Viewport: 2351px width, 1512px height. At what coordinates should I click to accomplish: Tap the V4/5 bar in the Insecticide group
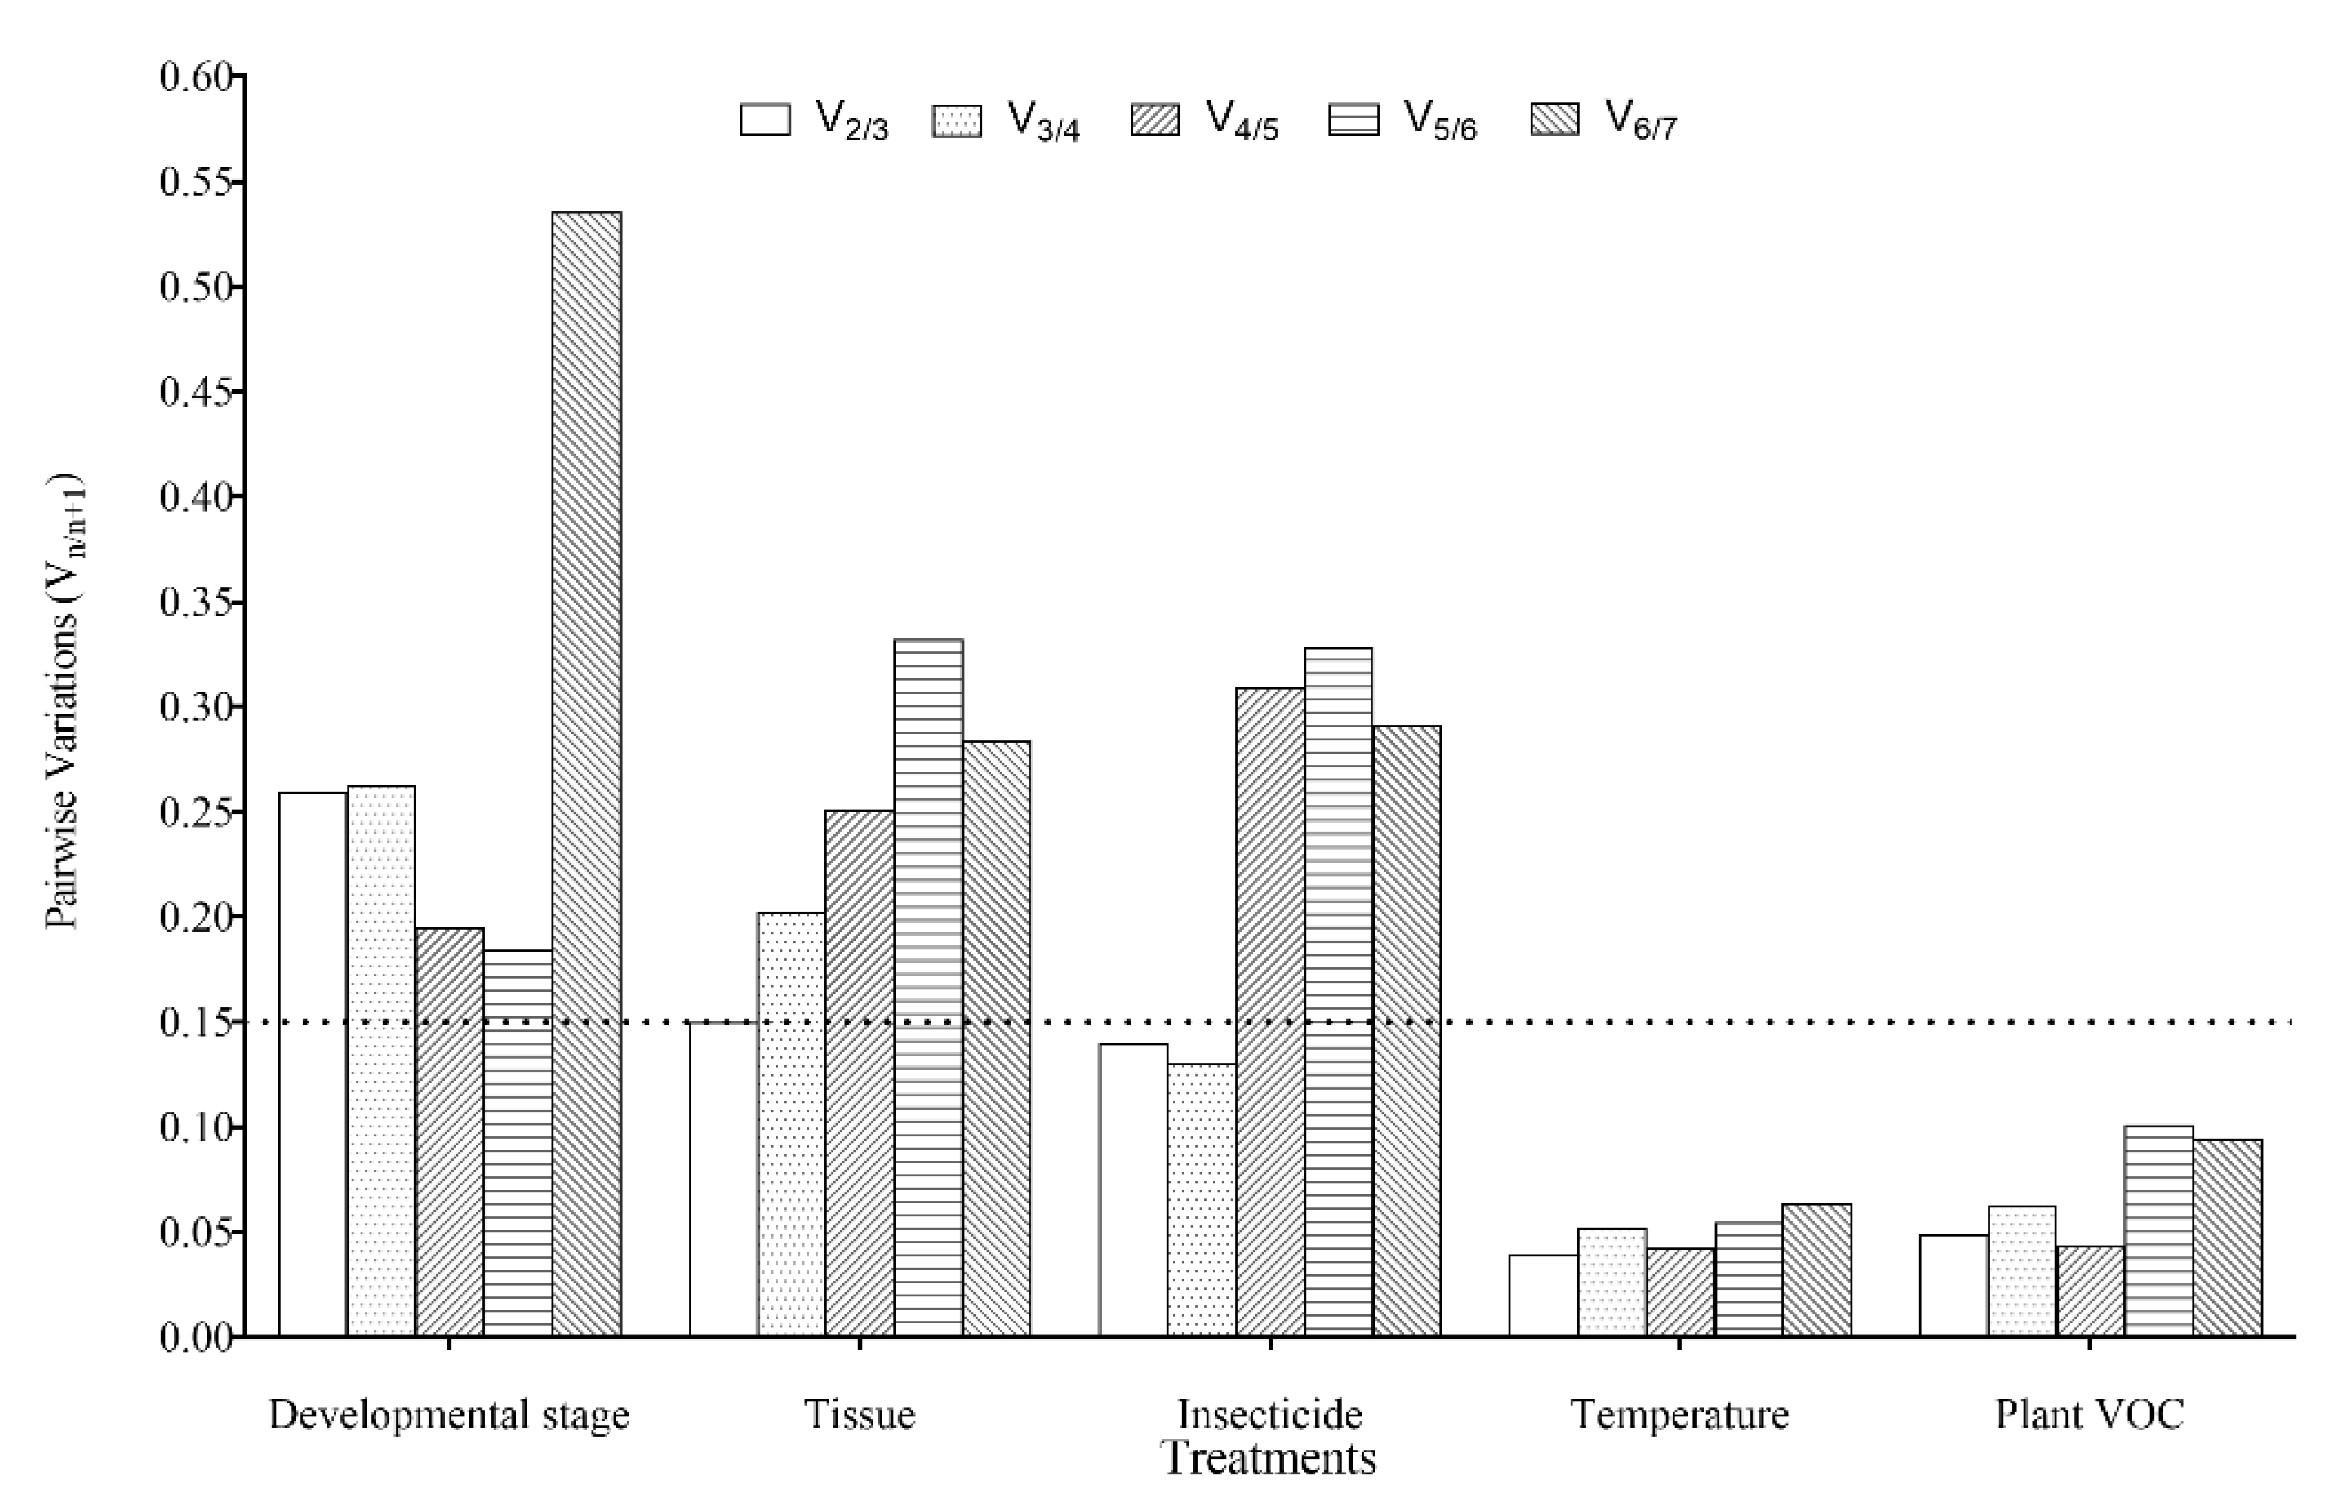(1269, 1012)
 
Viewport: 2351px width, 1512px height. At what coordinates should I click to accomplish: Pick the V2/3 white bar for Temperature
(1542, 1295)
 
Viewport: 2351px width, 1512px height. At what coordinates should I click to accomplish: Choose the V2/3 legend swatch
(765, 120)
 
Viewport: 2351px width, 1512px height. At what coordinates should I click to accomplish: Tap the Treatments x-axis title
(1269, 1459)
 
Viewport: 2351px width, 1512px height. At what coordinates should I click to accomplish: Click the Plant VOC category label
(2089, 1415)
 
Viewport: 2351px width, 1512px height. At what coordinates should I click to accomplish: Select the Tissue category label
(859, 1415)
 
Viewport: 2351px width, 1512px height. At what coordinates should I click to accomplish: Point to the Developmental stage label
(449, 1415)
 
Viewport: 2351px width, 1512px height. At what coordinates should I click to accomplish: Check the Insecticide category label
(1269, 1415)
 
